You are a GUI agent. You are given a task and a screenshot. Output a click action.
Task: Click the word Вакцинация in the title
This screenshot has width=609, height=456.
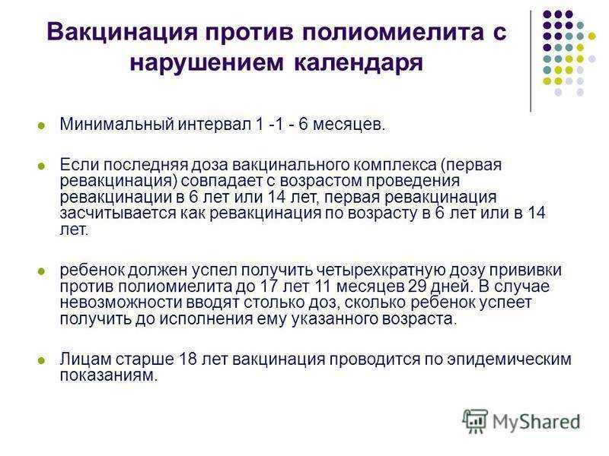pyautogui.click(x=123, y=31)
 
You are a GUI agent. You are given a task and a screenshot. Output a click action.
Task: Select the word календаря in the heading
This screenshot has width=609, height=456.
pyautogui.click(x=358, y=62)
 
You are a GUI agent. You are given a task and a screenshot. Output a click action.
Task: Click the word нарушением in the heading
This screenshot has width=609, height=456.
pyautogui.click(x=207, y=62)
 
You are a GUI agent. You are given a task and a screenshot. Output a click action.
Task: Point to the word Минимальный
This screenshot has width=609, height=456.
pyautogui.click(x=117, y=124)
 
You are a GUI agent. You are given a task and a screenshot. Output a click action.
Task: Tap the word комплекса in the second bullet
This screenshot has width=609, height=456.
pyautogui.click(x=394, y=165)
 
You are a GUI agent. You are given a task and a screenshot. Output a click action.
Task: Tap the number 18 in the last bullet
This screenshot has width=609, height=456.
pyautogui.click(x=187, y=359)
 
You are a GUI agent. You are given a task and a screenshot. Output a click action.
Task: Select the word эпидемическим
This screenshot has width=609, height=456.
pyautogui.click(x=509, y=359)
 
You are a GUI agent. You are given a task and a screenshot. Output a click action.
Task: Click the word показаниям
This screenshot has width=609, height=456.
pyautogui.click(x=109, y=375)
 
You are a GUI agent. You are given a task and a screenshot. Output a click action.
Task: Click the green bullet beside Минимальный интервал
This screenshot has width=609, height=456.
pyautogui.click(x=41, y=125)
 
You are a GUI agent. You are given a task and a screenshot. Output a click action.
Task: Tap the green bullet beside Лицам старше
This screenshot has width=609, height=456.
pyautogui.click(x=41, y=360)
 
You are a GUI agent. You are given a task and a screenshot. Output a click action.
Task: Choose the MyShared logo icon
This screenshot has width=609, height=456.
pyautogui.click(x=475, y=421)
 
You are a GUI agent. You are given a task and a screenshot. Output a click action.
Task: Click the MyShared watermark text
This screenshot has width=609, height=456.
pyautogui.click(x=537, y=423)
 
